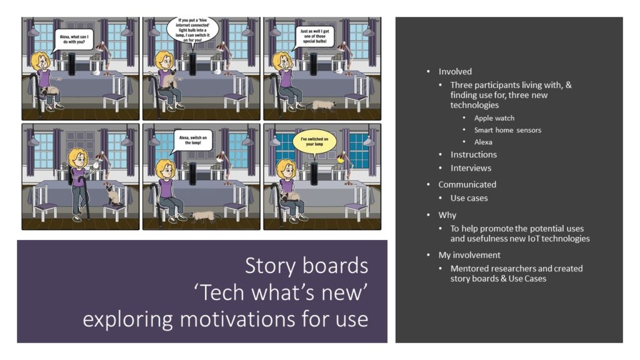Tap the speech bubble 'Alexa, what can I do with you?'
coord(74,40)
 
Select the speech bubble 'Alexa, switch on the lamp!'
coord(192,141)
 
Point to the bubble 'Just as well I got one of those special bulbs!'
coord(314,37)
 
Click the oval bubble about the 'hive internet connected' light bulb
coord(192,30)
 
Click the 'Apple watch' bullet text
coord(494,118)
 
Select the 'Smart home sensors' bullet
coord(507,130)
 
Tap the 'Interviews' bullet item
coord(471,167)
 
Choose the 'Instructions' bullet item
coord(474,154)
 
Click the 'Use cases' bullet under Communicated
coord(469,198)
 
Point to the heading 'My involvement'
coord(469,255)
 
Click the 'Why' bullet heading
coord(447,215)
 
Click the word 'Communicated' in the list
coord(467,184)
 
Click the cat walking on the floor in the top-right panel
coord(322,106)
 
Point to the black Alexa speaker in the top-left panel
coord(72,64)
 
